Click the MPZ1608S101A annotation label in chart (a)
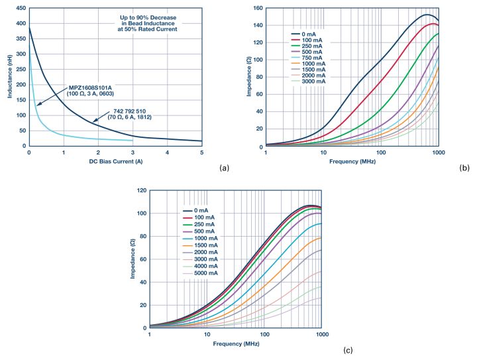tap(92, 88)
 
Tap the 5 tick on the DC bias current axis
tap(201, 153)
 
